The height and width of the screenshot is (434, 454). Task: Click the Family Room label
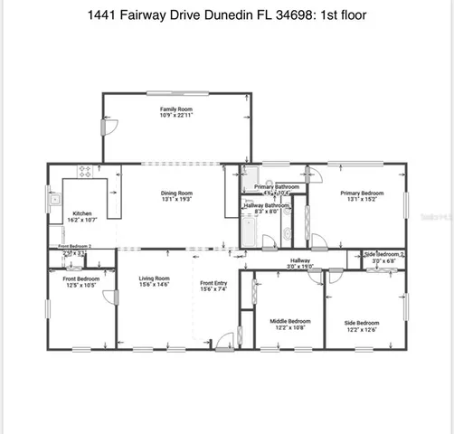click(x=177, y=108)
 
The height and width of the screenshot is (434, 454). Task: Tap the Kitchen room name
click(x=81, y=214)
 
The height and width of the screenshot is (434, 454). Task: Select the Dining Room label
click(x=177, y=193)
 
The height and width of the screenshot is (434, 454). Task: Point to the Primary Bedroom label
click(x=362, y=193)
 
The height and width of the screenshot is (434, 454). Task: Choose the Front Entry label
click(x=214, y=284)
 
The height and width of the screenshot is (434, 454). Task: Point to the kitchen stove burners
click(x=87, y=171)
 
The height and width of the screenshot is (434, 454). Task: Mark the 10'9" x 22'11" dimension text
click(x=177, y=115)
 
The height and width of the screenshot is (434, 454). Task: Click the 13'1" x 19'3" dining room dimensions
click(x=177, y=199)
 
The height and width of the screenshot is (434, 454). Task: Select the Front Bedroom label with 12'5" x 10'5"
click(x=81, y=279)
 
